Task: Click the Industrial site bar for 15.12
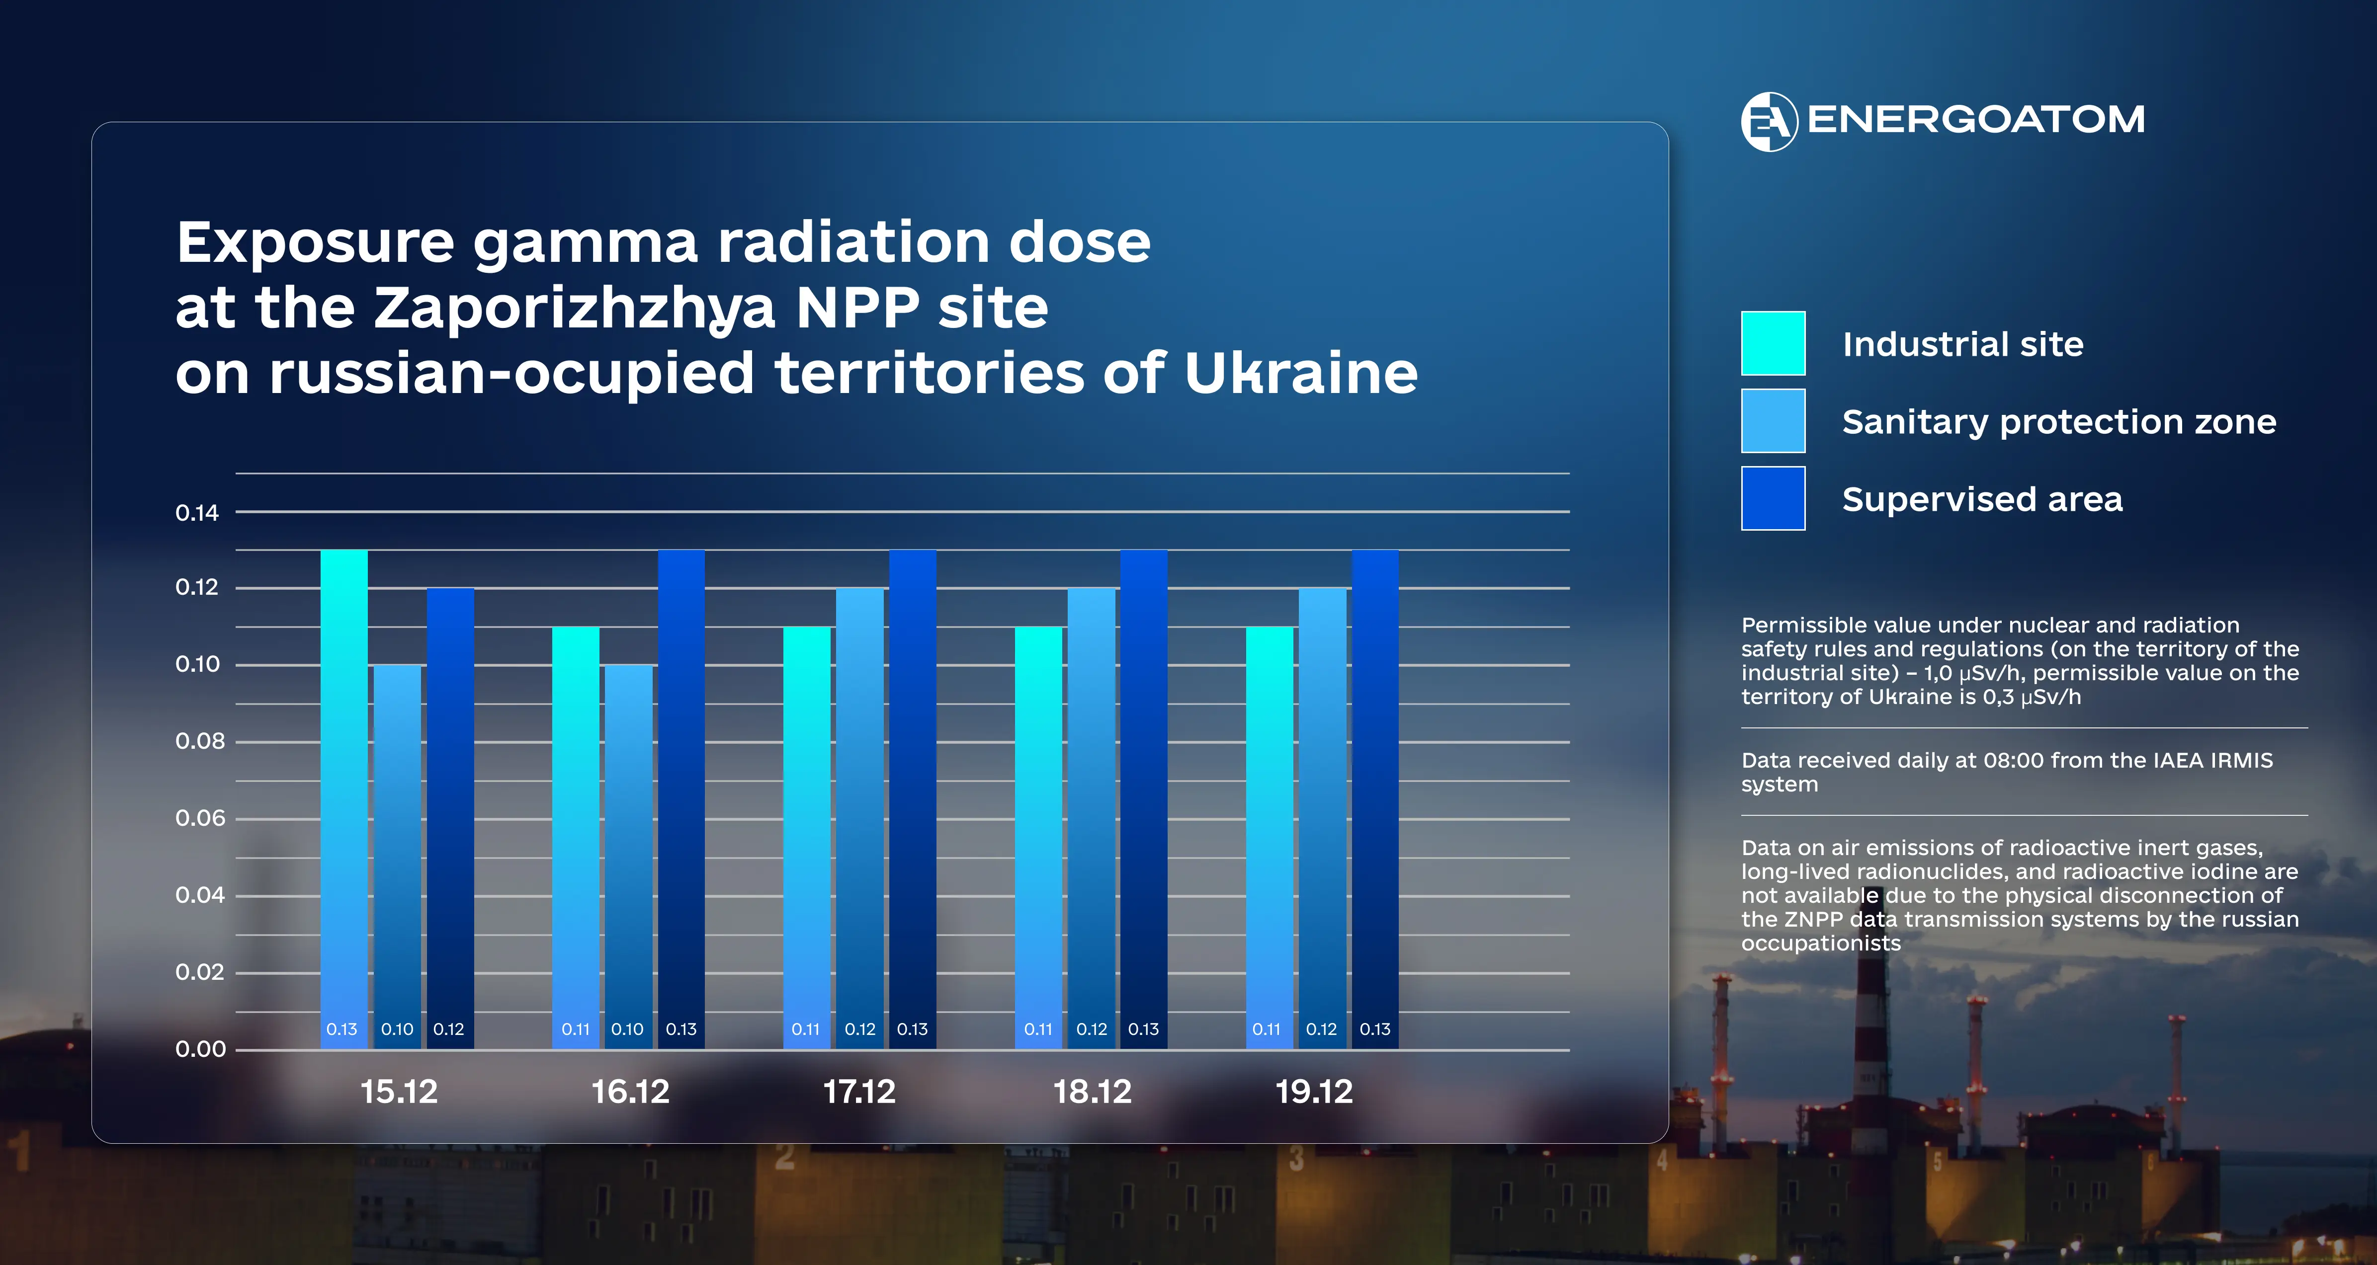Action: coord(343,798)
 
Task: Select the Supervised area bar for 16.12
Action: coord(681,798)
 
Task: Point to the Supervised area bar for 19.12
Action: coord(1375,798)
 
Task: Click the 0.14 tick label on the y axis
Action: coord(197,513)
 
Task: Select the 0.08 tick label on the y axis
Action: coord(199,741)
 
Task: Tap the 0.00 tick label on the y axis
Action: coord(200,1049)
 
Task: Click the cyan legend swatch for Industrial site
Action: coord(1773,343)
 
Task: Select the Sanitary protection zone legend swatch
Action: coord(1773,421)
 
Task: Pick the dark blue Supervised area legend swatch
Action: coord(1773,498)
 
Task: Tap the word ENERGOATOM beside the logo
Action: coord(1975,120)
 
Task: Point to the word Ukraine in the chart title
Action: coord(1300,374)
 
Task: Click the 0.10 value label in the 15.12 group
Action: coord(397,1029)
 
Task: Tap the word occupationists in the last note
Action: coord(1821,943)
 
